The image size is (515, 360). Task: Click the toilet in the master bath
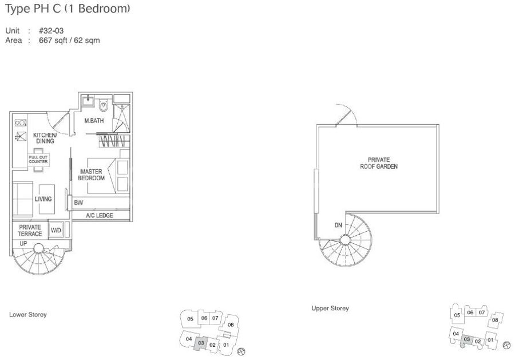coord(104,105)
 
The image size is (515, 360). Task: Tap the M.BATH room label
coord(94,121)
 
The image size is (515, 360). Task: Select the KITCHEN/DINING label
coord(45,138)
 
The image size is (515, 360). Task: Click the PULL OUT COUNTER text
coord(38,159)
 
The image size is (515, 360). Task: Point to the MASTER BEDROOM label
coord(91,175)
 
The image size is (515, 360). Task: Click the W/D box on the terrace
coord(56,230)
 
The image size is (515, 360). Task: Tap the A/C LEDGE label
coord(100,215)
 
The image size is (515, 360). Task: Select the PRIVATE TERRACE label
coord(30,230)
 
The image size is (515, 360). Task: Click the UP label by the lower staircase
coord(23,243)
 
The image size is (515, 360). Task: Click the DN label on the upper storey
coord(338,225)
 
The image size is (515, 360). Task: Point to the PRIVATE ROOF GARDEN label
coord(379,163)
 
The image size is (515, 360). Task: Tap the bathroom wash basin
coord(88,100)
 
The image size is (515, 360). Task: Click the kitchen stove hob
coord(21,123)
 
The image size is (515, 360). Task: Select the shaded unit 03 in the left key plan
coord(201,343)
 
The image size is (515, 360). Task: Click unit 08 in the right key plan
coord(495,319)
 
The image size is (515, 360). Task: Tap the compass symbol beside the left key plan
coord(241,351)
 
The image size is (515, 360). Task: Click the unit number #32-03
coord(51,31)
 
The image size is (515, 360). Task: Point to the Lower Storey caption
coord(28,314)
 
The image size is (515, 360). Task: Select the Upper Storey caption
coord(330,308)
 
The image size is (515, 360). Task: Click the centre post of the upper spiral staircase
coord(345,240)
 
